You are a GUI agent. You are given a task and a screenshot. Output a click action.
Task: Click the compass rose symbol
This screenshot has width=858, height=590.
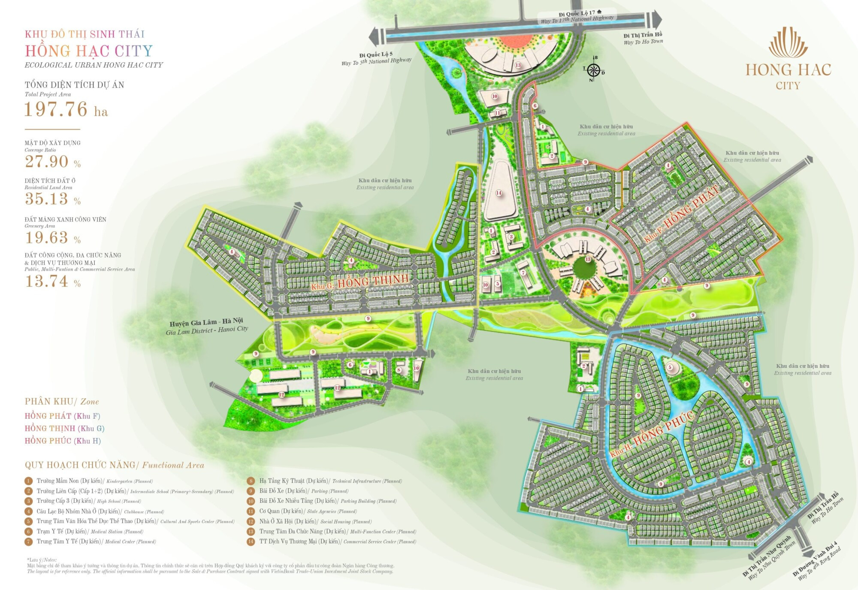click(x=594, y=70)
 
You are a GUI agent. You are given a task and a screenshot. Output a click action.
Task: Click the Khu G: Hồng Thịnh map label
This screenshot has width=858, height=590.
click(x=360, y=281)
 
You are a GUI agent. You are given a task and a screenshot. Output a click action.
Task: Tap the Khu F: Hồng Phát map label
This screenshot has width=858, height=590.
click(x=682, y=214)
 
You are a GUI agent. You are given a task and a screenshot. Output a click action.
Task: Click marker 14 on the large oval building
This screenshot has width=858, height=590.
click(x=498, y=193)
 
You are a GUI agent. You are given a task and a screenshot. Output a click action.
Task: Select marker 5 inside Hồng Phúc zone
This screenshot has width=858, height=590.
click(x=670, y=367)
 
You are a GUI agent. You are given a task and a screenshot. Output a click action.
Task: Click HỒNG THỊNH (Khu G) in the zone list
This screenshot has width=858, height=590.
click(x=64, y=428)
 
